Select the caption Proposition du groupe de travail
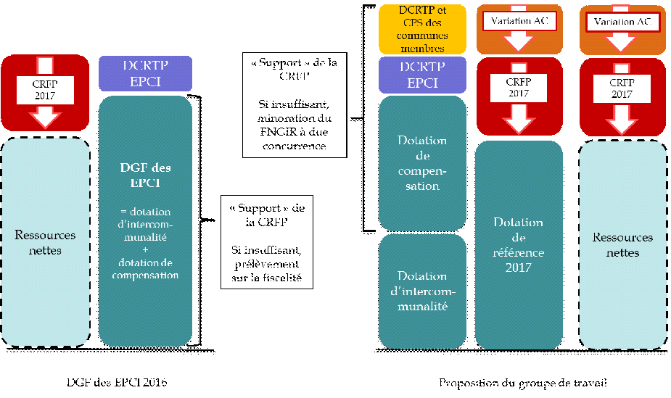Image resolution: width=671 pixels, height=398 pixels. coord(522,382)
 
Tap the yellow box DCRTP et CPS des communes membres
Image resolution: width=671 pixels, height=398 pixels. coord(422,30)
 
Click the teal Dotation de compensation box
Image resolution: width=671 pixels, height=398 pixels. coord(422,162)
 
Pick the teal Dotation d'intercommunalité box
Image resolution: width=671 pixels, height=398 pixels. coord(422,291)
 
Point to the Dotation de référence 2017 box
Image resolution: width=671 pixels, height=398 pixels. coord(519,245)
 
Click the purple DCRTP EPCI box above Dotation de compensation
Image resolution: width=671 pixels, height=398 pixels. coord(422,75)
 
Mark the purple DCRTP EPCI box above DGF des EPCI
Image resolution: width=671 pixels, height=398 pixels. coord(145,72)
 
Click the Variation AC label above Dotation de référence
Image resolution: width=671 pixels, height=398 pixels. coord(519,22)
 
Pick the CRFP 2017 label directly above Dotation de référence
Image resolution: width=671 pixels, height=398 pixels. coord(519,88)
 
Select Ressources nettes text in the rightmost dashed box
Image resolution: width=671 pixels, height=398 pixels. coord(622,245)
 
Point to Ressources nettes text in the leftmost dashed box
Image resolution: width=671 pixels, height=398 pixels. coord(45,242)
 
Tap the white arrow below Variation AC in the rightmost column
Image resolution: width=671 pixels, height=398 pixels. coord(622,41)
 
